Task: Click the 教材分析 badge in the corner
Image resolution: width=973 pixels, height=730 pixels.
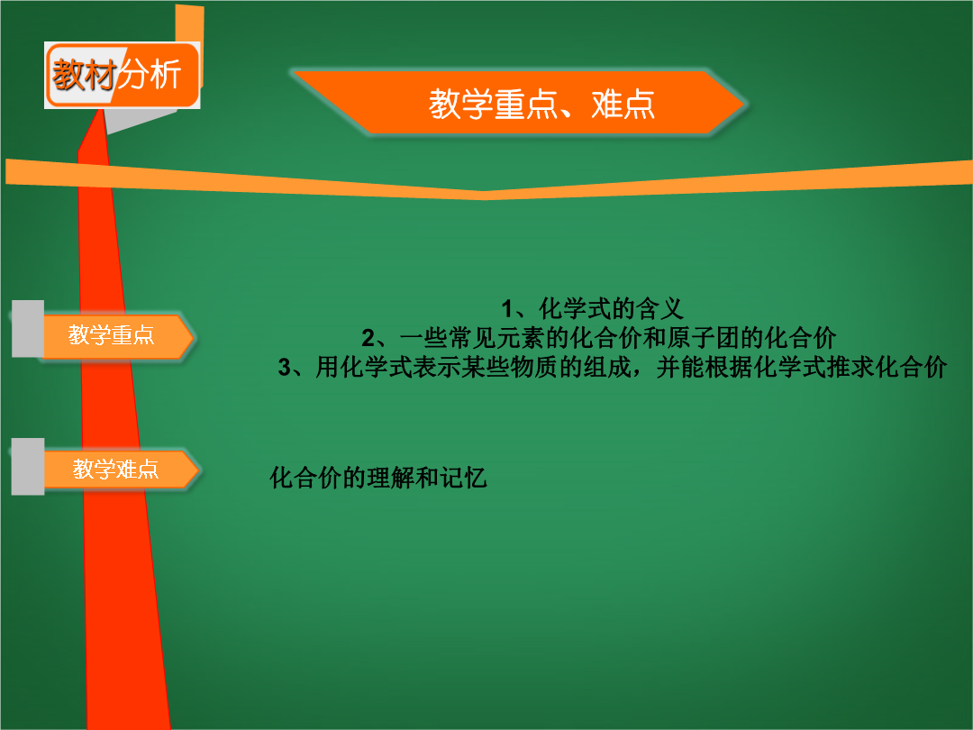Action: click(123, 75)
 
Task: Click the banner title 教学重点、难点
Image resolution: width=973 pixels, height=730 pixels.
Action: click(541, 104)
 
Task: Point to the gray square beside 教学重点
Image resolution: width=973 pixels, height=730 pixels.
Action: click(28, 328)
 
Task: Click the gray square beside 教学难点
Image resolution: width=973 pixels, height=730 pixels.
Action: click(28, 466)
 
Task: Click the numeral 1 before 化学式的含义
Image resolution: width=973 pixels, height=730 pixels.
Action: click(507, 308)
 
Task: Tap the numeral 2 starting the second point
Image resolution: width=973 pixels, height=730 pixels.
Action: click(368, 338)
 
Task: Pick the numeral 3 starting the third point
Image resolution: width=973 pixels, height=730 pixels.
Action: click(284, 368)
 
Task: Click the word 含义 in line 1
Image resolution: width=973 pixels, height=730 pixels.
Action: click(659, 308)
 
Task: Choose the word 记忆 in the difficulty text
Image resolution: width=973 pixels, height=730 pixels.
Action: click(464, 478)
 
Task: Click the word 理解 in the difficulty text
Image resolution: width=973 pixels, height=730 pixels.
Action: click(391, 478)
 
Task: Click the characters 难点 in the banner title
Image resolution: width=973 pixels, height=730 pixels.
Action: click(623, 104)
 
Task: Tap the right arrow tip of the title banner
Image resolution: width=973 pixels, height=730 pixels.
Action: click(746, 104)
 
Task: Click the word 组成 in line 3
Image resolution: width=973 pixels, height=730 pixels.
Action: click(608, 368)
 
